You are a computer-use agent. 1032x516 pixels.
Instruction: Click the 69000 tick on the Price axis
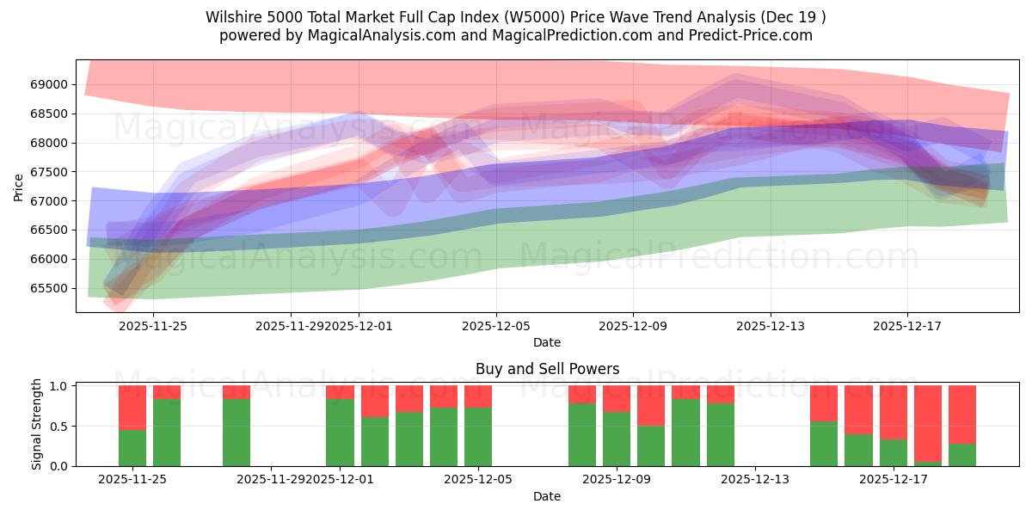pos(50,84)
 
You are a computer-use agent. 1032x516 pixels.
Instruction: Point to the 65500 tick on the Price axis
pos(50,288)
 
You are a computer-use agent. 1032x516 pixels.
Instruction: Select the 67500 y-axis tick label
pos(50,172)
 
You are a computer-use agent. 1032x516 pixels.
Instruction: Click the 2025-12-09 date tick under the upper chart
pos(633,326)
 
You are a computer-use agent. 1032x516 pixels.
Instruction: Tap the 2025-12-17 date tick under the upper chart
pos(907,326)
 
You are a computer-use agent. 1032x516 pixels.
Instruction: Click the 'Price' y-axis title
pos(19,187)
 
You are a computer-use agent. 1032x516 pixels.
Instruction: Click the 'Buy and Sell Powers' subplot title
pos(547,369)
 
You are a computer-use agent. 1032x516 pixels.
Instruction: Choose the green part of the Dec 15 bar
pos(824,444)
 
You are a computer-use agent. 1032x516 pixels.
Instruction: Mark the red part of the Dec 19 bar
pos(962,414)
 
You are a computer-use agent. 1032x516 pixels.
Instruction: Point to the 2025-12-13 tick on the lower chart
pos(754,479)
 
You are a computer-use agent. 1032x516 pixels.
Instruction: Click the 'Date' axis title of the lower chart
pos(547,496)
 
